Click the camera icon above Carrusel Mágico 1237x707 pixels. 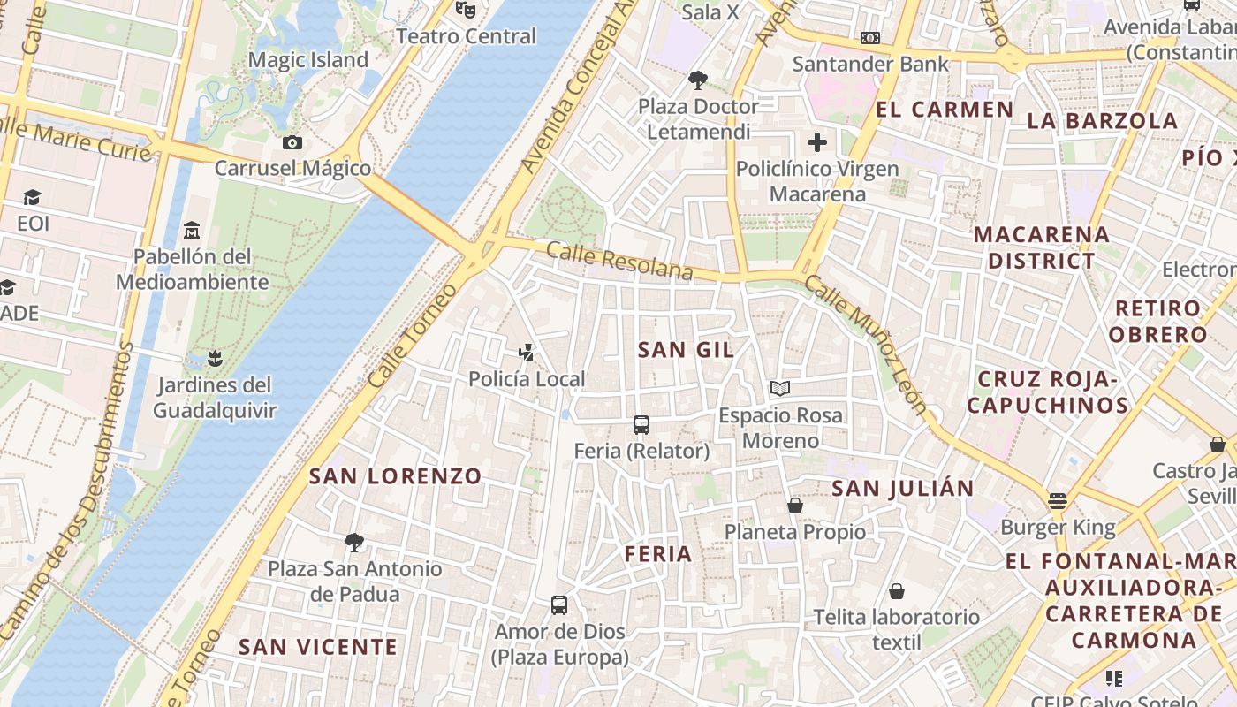coord(292,142)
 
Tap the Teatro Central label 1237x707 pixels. coord(466,36)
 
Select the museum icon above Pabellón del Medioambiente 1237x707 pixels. coord(192,231)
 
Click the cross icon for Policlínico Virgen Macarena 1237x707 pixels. coord(817,141)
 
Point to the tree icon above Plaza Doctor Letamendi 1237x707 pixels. coord(698,81)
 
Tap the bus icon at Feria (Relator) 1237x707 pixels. coord(641,425)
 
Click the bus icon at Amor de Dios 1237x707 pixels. coord(559,605)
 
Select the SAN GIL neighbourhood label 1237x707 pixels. coord(686,350)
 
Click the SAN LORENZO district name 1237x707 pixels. coord(395,476)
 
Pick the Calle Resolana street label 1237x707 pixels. coord(619,261)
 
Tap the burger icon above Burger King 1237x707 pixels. coord(1058,501)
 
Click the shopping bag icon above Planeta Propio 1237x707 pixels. coord(795,506)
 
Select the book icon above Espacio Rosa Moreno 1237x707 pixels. coord(780,388)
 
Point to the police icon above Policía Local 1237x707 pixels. coord(527,353)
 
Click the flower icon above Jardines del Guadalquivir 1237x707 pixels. coord(213,359)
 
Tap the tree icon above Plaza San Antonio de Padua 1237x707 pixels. coord(354,542)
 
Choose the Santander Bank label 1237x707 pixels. coord(870,64)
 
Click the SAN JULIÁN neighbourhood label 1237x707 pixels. coord(902,488)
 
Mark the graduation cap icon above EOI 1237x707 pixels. coord(33,196)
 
